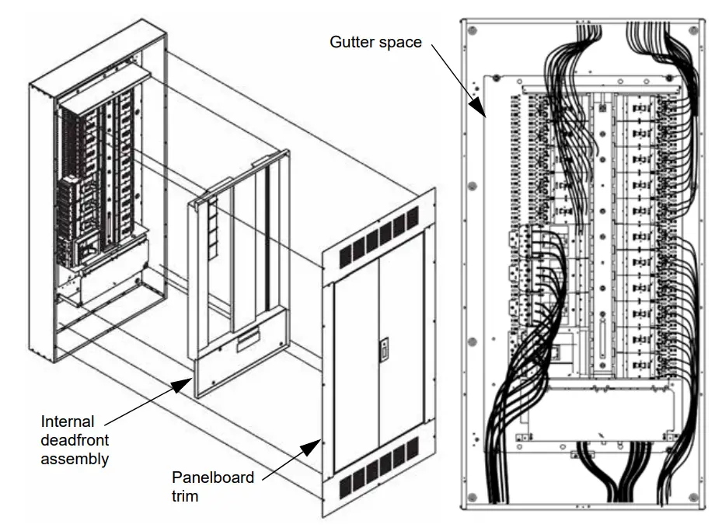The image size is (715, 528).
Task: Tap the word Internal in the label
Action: pyautogui.click(x=67, y=421)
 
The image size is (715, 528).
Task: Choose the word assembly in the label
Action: pyautogui.click(x=74, y=459)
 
